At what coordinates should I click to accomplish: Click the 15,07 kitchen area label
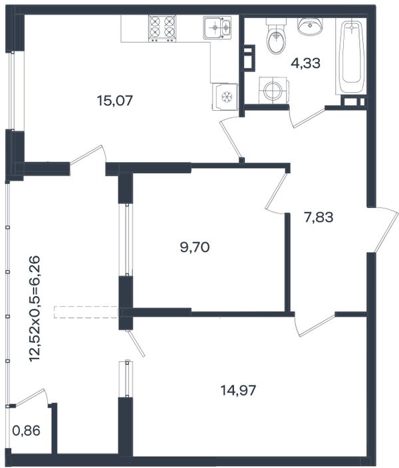[114, 101]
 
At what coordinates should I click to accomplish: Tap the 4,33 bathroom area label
[305, 63]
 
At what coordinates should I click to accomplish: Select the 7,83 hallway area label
[319, 217]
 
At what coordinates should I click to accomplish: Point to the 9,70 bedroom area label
[195, 247]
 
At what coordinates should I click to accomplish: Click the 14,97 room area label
[238, 390]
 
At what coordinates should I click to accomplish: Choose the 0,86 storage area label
[27, 431]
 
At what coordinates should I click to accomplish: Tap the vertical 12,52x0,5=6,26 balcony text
[35, 308]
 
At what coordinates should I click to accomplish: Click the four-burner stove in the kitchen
[162, 29]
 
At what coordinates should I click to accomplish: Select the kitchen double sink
[217, 27]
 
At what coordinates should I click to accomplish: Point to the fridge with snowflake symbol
[225, 97]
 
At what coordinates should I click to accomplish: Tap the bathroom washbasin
[310, 25]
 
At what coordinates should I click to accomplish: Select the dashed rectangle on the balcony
[86, 312]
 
